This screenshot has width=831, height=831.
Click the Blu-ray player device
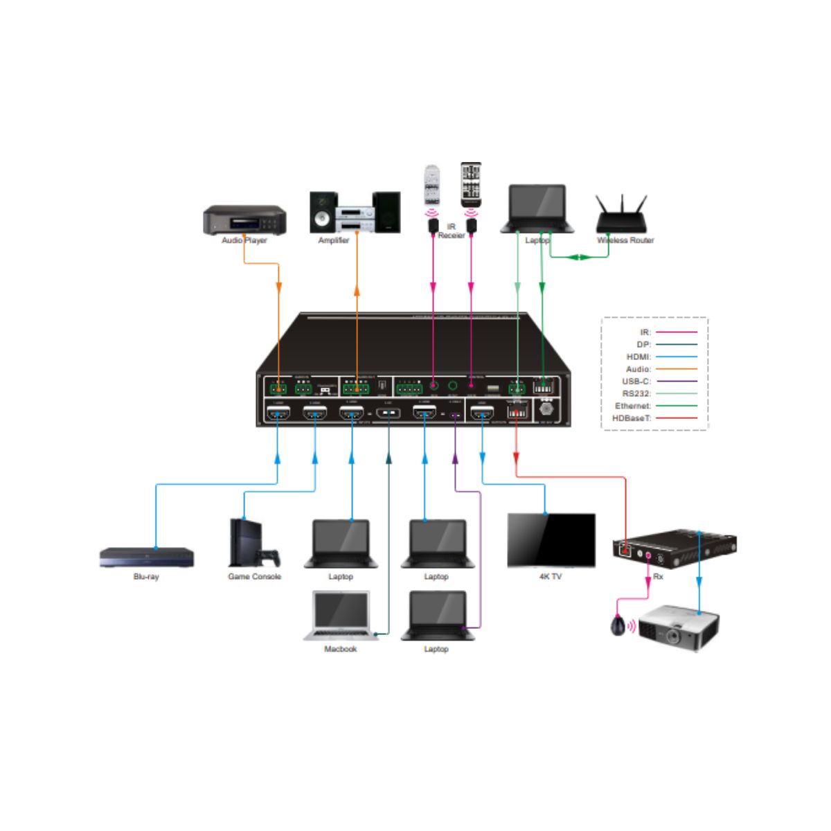(146, 557)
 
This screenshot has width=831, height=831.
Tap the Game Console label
(254, 576)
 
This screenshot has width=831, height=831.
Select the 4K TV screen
(551, 540)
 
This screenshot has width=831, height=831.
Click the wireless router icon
(621, 215)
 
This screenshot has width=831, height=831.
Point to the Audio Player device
(244, 220)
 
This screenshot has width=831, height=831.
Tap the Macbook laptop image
(340, 615)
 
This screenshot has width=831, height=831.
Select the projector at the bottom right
(678, 627)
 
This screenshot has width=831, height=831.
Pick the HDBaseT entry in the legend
(632, 418)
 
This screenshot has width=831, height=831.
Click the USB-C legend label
(636, 381)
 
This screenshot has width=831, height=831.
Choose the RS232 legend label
(636, 393)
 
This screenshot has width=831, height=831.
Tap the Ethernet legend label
(633, 406)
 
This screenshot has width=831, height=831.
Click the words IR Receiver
(452, 231)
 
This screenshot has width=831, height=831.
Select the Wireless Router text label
(625, 240)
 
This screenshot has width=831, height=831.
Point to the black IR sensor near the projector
(618, 626)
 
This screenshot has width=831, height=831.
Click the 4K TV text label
(551, 576)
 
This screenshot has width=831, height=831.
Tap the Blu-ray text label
(146, 576)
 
